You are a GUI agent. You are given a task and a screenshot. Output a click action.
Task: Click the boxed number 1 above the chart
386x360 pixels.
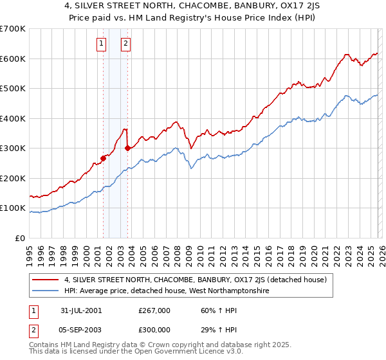coord(102,44)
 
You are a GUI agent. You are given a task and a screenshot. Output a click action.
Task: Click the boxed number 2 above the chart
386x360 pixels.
coord(125,44)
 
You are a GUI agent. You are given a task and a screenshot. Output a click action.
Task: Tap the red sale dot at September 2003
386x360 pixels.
coord(127,148)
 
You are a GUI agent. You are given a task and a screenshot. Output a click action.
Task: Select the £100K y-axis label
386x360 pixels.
coord(13,208)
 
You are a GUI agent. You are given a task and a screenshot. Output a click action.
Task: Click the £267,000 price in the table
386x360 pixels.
coord(154,310)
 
